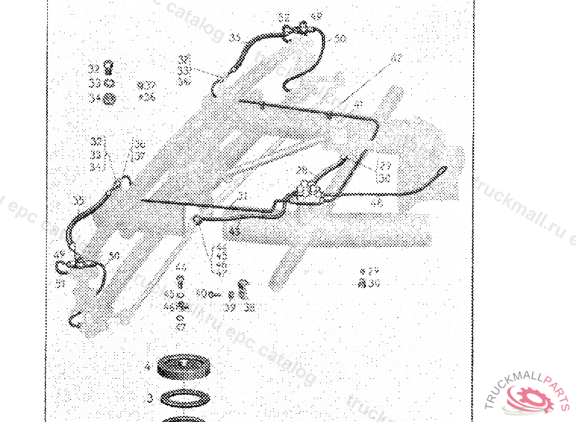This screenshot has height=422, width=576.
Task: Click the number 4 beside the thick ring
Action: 147,367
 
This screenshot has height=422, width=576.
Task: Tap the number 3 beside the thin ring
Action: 150,398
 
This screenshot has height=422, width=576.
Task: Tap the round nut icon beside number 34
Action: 110,99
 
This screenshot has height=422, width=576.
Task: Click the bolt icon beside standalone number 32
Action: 110,68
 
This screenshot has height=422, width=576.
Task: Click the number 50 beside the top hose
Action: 340,39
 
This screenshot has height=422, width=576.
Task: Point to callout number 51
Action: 60,284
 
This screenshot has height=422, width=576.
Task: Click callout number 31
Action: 243,196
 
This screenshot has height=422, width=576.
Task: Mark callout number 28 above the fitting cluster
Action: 302,169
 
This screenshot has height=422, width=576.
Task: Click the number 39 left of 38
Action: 229,307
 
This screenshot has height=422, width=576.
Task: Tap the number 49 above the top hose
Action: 317,17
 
